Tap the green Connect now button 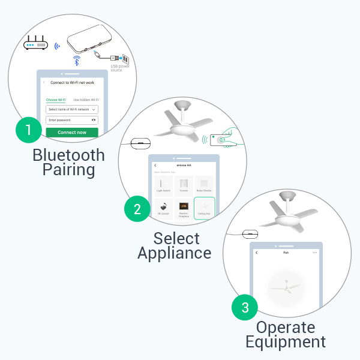click(x=71, y=132)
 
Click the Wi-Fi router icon click(x=35, y=44)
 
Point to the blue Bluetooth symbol click(x=76, y=61)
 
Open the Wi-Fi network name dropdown click(x=71, y=109)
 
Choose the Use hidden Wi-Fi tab click(x=86, y=100)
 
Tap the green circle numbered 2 click(x=137, y=209)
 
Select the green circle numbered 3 click(x=245, y=308)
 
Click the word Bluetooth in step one click(x=68, y=155)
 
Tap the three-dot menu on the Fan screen click(x=314, y=253)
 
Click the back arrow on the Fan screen click(x=257, y=253)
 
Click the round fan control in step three click(x=286, y=288)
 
